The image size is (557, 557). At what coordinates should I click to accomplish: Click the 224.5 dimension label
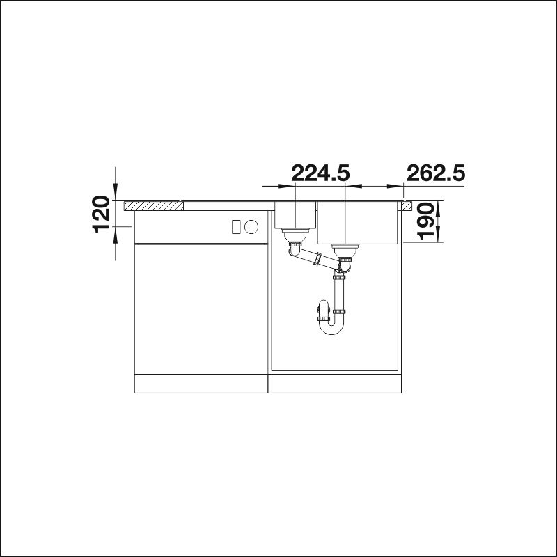[x=320, y=173]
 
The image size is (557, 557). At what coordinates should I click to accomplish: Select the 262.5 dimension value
[x=436, y=173]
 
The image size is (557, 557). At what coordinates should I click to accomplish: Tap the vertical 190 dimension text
[x=426, y=221]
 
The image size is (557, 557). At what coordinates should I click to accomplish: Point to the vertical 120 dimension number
[x=100, y=214]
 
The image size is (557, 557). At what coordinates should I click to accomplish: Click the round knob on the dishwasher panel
[x=251, y=227]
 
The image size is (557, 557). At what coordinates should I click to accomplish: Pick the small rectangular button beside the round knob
[x=236, y=227]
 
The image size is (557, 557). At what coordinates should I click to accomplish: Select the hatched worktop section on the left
[x=153, y=206]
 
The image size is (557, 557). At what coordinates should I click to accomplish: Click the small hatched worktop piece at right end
[x=407, y=206]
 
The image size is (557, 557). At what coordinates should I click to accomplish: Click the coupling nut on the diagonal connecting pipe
[x=317, y=258]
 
